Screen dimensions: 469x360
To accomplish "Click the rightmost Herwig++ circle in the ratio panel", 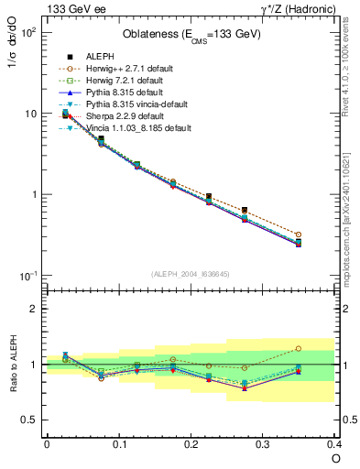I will coord(299,348).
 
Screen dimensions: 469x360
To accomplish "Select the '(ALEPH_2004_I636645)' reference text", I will coord(191,275).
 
